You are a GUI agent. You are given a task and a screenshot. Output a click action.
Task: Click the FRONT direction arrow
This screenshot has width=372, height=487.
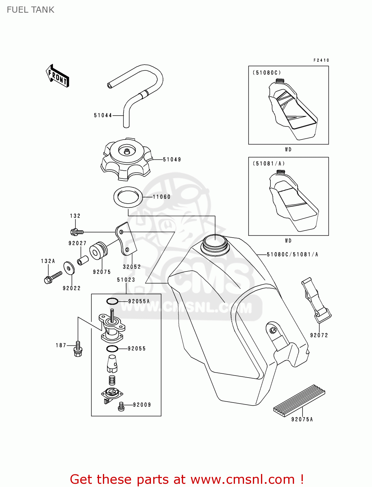point(57,76)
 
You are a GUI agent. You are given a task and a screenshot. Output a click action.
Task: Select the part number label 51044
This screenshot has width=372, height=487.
point(103,115)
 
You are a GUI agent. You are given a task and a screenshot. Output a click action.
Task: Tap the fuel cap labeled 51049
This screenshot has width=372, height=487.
point(126,159)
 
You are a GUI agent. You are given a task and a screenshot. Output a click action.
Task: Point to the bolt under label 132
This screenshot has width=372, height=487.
point(77,232)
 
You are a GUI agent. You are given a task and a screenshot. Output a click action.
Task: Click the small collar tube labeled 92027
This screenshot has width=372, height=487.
point(82,260)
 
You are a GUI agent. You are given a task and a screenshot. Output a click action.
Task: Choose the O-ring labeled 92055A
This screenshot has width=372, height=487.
point(112,302)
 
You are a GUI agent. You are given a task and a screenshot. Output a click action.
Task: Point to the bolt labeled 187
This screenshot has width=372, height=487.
point(78,349)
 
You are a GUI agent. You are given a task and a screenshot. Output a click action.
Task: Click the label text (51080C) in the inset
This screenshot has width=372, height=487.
point(267,73)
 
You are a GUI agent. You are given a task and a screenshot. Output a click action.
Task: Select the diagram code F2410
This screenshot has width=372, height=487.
point(321,60)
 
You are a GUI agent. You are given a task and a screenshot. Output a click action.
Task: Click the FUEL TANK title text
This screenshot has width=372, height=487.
point(31,10)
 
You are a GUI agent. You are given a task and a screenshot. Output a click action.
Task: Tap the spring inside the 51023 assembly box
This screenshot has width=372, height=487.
point(112,380)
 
